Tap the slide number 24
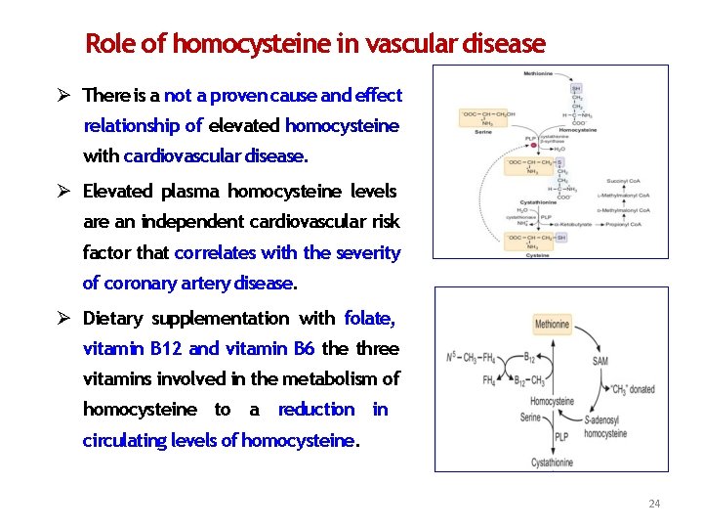654,504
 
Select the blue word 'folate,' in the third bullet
370,318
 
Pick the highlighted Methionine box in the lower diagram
552,324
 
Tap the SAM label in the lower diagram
600,361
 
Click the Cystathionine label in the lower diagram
553,462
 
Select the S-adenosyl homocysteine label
605,428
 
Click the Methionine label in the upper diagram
537,73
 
